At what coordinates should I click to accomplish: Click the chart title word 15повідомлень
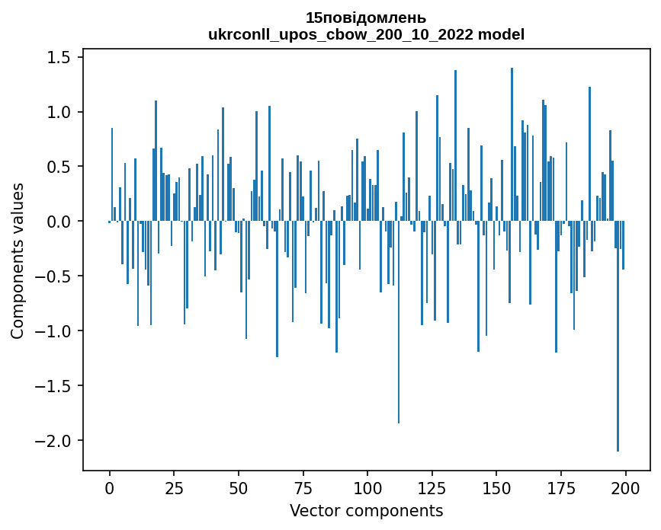pyautogui.click(x=366, y=18)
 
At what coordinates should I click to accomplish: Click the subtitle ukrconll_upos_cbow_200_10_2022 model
pyautogui.click(x=366, y=34)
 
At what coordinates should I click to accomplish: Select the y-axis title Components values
pyautogui.click(x=17, y=260)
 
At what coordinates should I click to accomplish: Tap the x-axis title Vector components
pyautogui.click(x=366, y=510)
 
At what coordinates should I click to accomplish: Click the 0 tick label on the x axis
pyautogui.click(x=110, y=487)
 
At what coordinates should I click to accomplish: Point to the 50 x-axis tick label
pyautogui.click(x=239, y=487)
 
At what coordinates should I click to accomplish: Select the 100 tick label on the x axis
pyautogui.click(x=367, y=487)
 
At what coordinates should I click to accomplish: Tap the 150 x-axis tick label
pyautogui.click(x=496, y=487)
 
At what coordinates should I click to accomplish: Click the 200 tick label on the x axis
pyautogui.click(x=625, y=487)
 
